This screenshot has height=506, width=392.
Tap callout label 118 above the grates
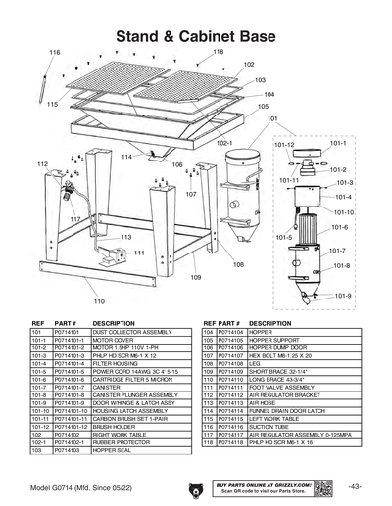pos(218,51)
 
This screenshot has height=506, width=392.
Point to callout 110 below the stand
pos(99,301)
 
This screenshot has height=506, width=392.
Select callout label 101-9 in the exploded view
pos(342,295)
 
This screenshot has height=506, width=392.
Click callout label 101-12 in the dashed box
pos(284,144)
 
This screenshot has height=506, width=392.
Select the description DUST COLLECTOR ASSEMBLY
pos(133,332)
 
